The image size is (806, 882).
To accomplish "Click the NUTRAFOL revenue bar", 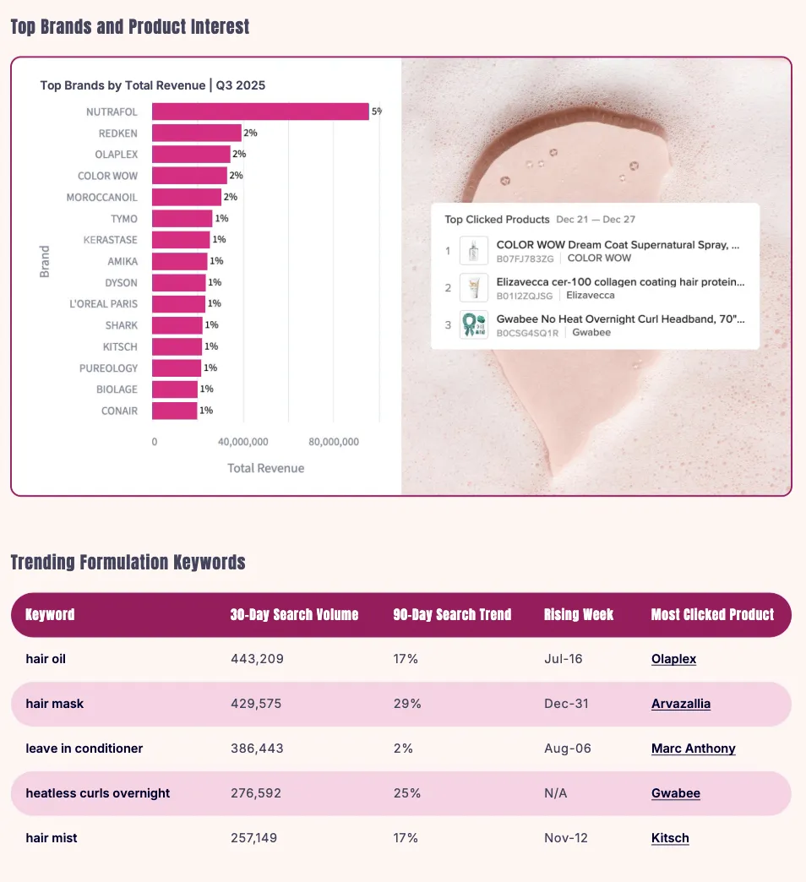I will (260, 112).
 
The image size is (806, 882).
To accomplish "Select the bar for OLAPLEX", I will (191, 155).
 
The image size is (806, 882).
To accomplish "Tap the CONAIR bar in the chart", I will (174, 411).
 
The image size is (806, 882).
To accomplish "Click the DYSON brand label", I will (121, 282).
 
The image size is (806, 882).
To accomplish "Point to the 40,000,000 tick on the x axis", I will (243, 442).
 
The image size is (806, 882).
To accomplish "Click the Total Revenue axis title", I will (265, 468).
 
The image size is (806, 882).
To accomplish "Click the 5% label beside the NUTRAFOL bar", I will (377, 112).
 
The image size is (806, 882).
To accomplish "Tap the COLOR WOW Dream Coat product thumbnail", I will (473, 251).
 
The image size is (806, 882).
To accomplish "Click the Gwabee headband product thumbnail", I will (473, 325).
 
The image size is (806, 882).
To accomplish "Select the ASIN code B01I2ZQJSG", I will (525, 296).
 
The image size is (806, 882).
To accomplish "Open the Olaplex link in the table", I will (673, 659).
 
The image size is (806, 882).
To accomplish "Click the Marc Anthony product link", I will (693, 749).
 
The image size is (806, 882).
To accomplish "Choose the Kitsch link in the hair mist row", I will (670, 838).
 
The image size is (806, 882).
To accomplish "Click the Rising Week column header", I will (579, 614).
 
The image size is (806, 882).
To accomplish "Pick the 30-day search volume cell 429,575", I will (256, 704).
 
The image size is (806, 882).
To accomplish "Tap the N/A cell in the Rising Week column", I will (556, 793).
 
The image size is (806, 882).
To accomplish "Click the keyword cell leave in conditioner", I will (84, 749).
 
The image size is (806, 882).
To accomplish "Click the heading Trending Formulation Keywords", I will (128, 563).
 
